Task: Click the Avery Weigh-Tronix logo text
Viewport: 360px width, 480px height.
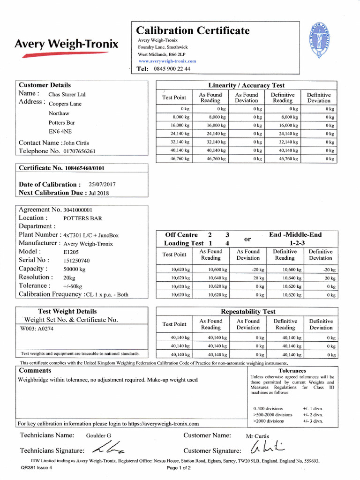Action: (x=67, y=45)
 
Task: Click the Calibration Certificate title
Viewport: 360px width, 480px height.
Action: (x=193, y=31)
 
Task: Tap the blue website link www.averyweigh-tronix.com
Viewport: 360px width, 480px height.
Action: (x=167, y=61)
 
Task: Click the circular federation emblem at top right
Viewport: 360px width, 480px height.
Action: (x=322, y=41)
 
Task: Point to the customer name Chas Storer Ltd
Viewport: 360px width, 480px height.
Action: (x=67, y=94)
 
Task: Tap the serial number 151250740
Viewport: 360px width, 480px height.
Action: (x=76, y=260)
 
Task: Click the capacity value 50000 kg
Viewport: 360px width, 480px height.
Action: (x=75, y=269)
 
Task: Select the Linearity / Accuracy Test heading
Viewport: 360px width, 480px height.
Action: (x=246, y=85)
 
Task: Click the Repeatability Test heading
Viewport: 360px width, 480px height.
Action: (x=248, y=311)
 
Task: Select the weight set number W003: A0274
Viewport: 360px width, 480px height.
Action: (x=38, y=329)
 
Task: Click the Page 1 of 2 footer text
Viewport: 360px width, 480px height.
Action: (x=179, y=468)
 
